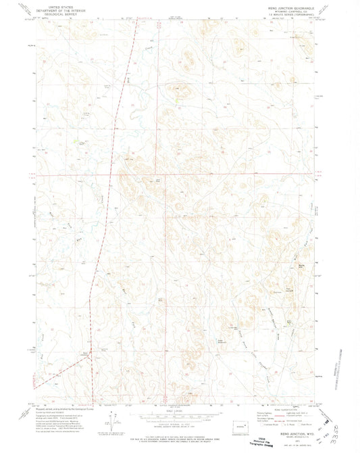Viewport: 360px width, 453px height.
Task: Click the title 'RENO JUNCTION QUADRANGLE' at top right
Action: (x=286, y=5)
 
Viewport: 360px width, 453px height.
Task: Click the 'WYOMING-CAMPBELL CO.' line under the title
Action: (x=286, y=9)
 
